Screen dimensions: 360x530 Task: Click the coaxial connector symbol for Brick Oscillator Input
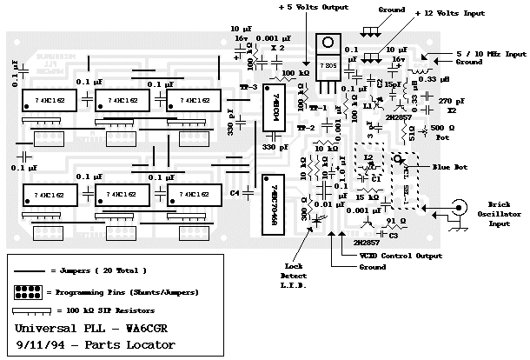pyautogui.click(x=455, y=209)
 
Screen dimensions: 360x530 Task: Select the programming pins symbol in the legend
pyautogui.click(x=30, y=290)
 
